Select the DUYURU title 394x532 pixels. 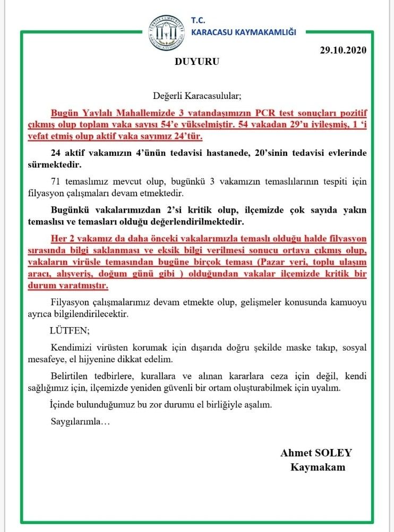[x=196, y=61]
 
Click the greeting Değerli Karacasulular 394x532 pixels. [x=197, y=96]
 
